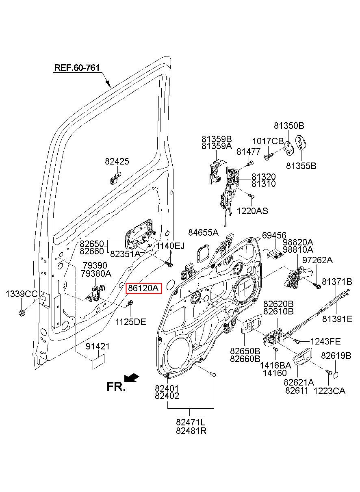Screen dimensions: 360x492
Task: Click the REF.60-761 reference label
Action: [77, 67]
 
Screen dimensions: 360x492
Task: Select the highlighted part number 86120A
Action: [143, 288]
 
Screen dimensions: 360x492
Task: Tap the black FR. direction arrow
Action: [132, 377]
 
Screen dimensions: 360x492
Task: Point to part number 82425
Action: [117, 161]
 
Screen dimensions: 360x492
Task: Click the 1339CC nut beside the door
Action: [22, 312]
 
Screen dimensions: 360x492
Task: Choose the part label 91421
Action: [98, 347]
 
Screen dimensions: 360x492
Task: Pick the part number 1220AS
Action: [252, 211]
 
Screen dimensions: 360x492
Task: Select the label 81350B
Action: [289, 126]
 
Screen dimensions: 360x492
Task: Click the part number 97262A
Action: [317, 260]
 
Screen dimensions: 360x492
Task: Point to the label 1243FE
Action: [325, 341]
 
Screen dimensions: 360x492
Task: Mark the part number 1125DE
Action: [131, 322]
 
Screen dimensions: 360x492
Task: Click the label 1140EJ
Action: [170, 246]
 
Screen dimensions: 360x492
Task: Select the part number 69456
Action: [274, 235]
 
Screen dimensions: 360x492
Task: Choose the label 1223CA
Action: [329, 391]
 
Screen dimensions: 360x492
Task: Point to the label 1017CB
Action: [268, 141]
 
